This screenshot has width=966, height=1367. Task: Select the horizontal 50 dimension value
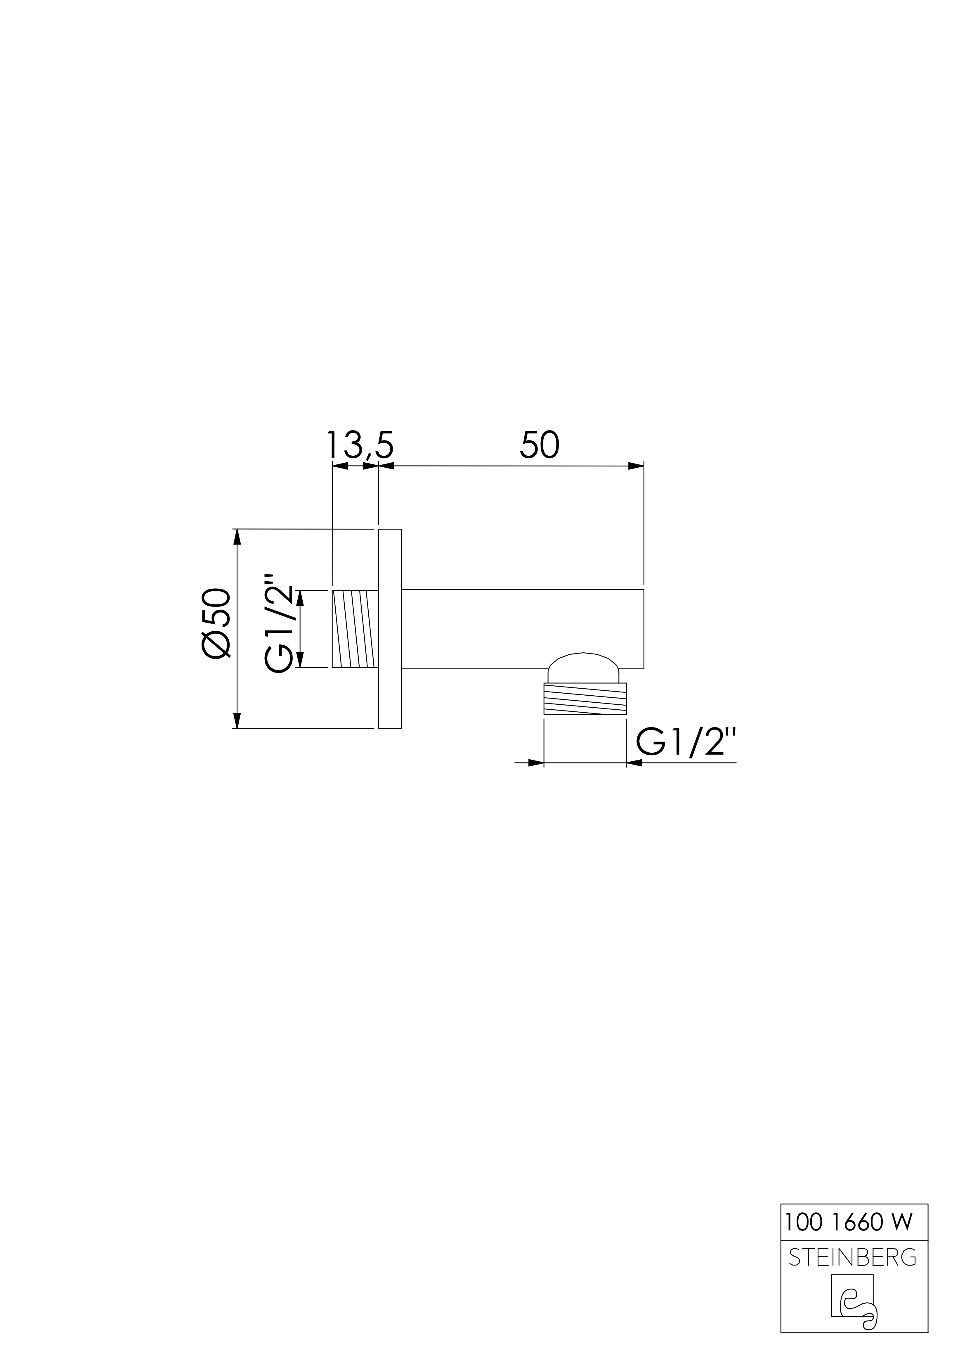tap(540, 445)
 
